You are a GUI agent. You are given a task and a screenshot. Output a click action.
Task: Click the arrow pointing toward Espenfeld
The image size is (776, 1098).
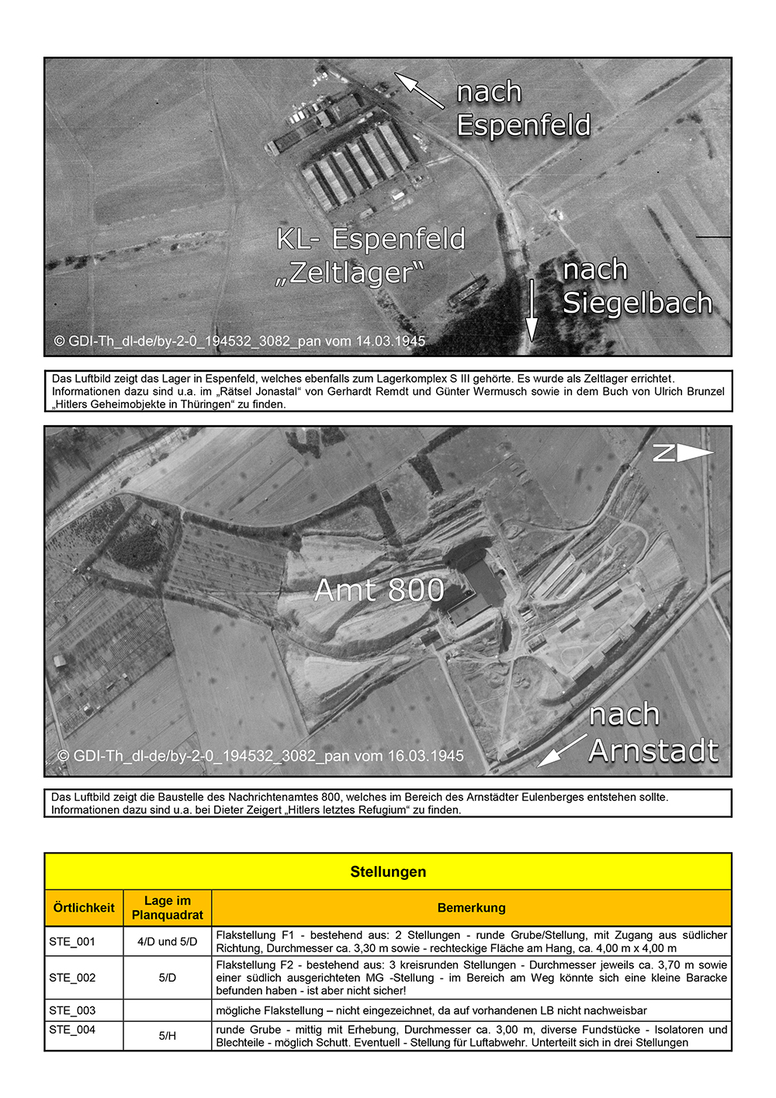pos(418,90)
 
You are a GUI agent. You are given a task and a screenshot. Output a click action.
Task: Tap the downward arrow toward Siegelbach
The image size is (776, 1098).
pos(532,310)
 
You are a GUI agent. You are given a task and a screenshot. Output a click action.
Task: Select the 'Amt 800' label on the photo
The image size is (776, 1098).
pos(379,591)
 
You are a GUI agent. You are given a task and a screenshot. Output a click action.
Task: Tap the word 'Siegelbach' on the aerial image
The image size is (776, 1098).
pos(637,303)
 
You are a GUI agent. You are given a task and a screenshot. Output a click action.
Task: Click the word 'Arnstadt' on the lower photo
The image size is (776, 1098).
pos(653,750)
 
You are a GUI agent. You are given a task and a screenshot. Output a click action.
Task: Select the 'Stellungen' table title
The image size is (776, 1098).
pos(388,871)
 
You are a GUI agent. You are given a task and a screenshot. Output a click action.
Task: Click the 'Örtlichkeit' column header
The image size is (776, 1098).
pos(84,908)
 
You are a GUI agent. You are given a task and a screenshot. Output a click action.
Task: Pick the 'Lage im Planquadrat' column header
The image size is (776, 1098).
pos(168,908)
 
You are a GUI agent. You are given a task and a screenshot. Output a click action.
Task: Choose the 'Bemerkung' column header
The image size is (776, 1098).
pos(471,908)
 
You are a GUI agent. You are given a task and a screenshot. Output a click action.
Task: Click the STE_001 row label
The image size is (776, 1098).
pos(72,941)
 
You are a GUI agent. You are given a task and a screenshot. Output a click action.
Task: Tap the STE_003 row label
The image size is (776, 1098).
pos(72,1010)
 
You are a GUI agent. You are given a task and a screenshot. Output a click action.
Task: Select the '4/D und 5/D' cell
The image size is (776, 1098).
pos(168,941)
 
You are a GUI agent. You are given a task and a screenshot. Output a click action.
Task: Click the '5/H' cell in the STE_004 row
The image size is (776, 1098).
pos(168,1036)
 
